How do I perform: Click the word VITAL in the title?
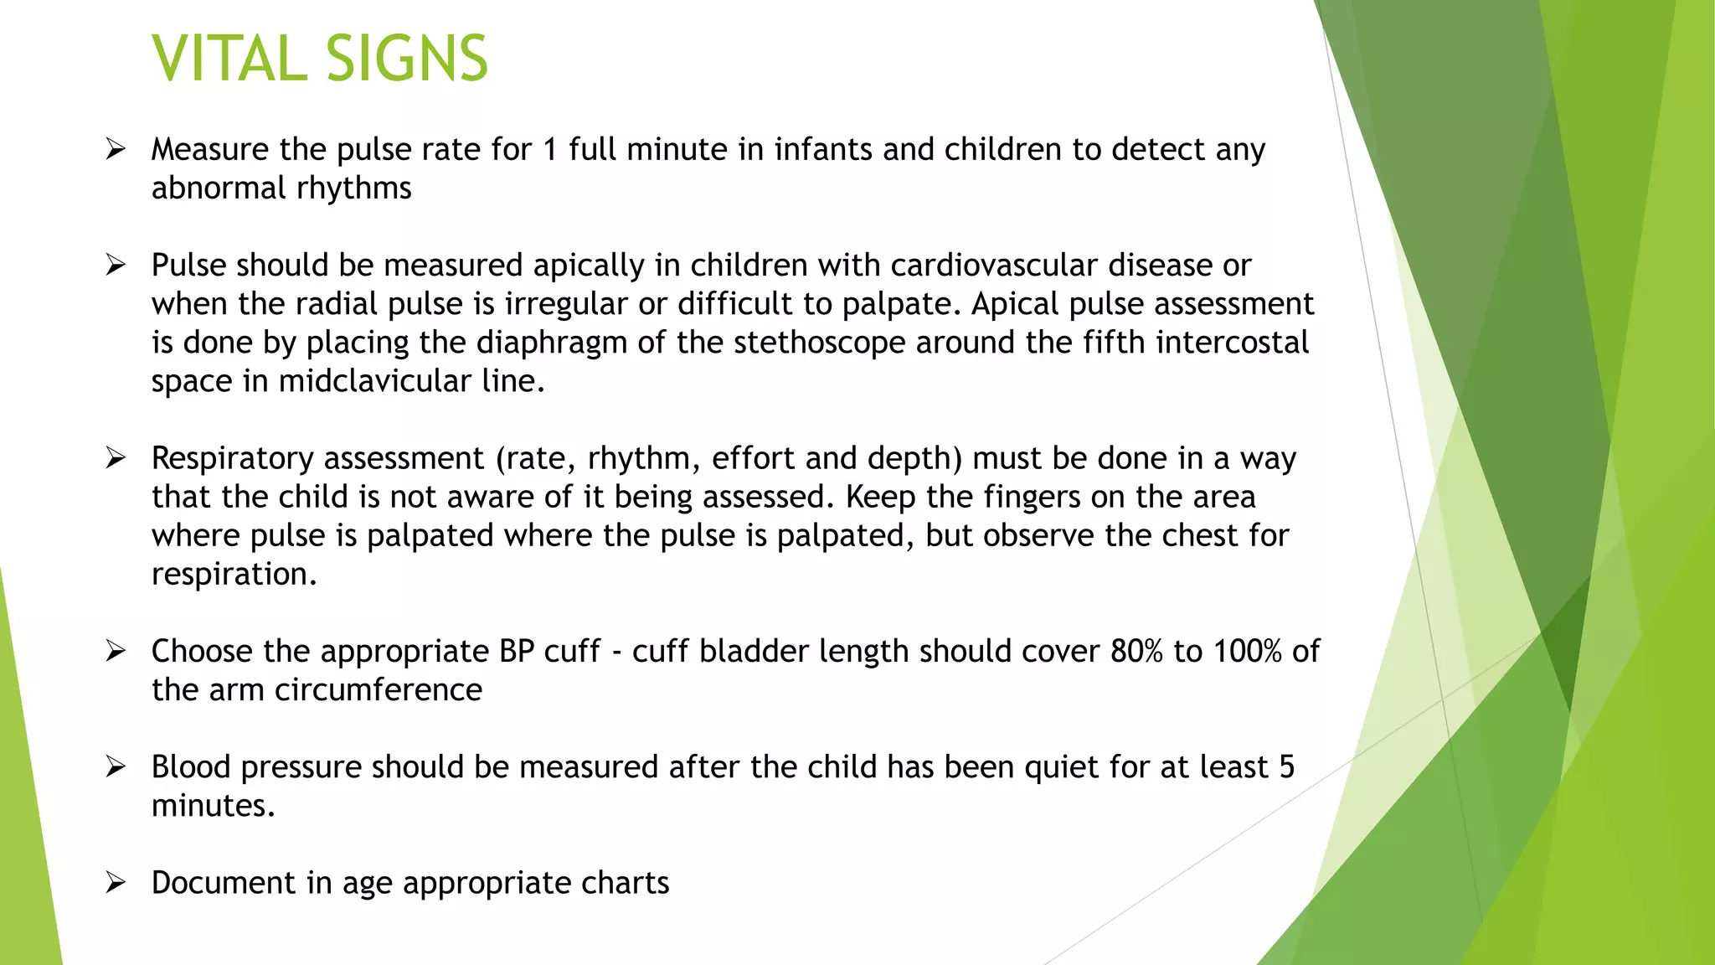pos(229,59)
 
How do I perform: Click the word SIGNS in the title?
pos(406,59)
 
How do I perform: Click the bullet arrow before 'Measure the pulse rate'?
pos(116,150)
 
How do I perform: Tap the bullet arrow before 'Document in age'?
pos(116,883)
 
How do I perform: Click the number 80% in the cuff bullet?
pos(1136,652)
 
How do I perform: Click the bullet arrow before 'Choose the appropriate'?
pos(116,652)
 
